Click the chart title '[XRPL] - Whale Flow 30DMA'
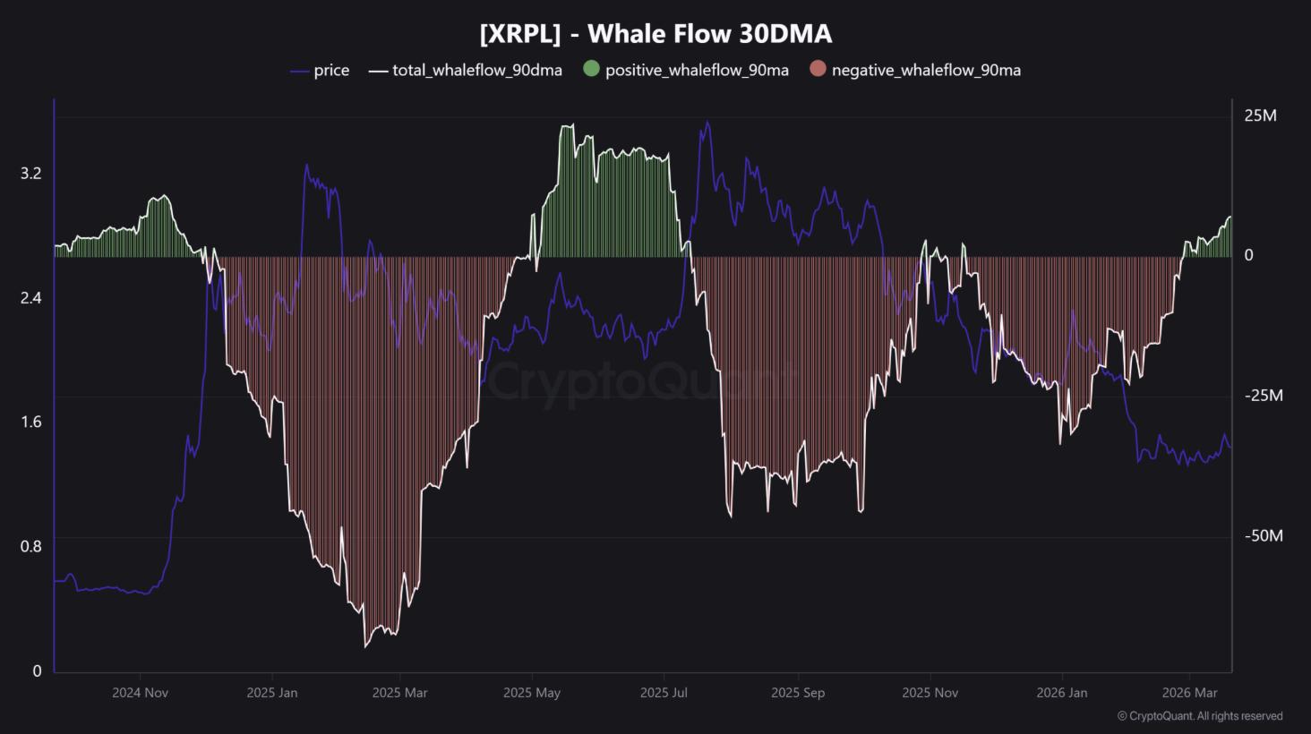point(655,34)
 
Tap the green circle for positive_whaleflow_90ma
point(591,69)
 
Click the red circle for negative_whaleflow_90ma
point(817,69)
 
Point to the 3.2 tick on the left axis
point(31,174)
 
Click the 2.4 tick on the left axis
point(31,298)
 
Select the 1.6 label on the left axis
point(31,422)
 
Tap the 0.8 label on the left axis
point(31,546)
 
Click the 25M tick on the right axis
point(1260,115)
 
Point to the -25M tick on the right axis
point(1263,396)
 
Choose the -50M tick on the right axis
point(1263,535)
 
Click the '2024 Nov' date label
point(140,693)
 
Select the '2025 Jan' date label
point(272,693)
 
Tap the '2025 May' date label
point(532,693)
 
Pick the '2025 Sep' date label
point(798,693)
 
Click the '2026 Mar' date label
point(1189,693)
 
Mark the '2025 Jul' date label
point(664,693)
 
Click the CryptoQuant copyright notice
point(1200,716)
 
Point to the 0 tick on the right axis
point(1249,255)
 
